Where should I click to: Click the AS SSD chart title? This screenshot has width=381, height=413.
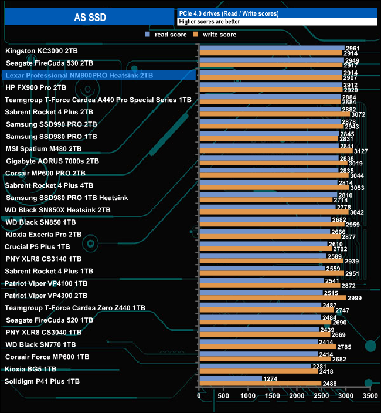click(90, 18)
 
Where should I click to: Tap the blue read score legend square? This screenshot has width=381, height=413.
click(148, 35)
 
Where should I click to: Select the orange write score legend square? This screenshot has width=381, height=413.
click(198, 35)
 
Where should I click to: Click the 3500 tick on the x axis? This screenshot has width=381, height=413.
click(370, 397)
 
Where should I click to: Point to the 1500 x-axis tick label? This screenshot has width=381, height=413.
click(273, 397)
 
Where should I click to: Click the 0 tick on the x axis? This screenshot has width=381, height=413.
click(199, 397)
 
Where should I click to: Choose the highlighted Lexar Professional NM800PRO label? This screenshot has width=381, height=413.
click(79, 75)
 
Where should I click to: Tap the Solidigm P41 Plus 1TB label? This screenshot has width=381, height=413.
click(42, 381)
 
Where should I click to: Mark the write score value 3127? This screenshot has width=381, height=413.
click(360, 151)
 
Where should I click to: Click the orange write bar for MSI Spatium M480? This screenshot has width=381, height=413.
click(275, 151)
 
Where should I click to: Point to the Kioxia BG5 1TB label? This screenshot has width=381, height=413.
click(30, 369)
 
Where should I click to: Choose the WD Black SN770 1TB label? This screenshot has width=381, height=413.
click(40, 344)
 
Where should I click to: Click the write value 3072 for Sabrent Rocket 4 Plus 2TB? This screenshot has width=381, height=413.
click(358, 114)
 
